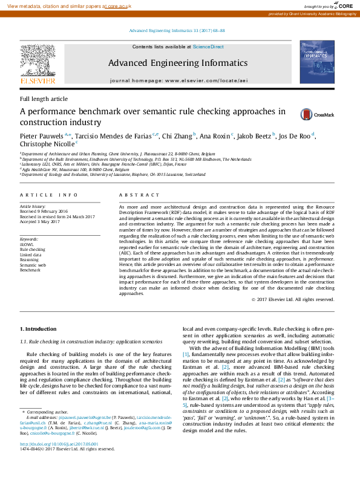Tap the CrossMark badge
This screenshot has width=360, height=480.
coord(314,114)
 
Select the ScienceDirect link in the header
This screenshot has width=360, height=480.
coord(208,47)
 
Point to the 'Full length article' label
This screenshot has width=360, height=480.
coord(44,99)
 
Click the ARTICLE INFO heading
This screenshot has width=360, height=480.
coord(48,195)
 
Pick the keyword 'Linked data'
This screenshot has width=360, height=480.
coord(31,255)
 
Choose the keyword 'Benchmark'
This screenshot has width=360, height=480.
coord(30,271)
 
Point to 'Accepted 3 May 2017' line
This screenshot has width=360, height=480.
coord(41,221)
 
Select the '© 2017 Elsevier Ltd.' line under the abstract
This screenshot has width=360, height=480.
coord(292,299)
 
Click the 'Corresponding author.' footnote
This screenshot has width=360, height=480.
coord(47,411)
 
